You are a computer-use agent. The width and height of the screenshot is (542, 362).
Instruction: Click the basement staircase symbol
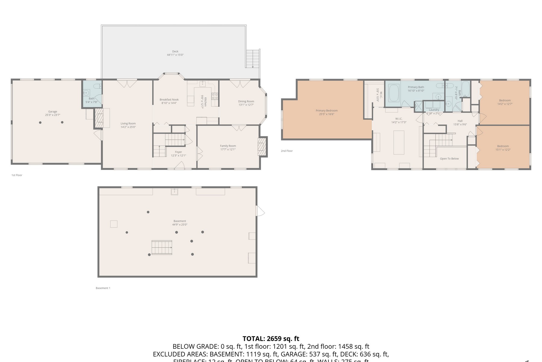pyautogui.click(x=162, y=247)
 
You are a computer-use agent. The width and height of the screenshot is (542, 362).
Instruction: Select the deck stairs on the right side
pyautogui.click(x=253, y=59)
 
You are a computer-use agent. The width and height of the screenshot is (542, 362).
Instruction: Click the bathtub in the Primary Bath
pyautogui.click(x=394, y=93)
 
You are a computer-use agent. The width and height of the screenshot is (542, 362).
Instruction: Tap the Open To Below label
pyautogui.click(x=449, y=159)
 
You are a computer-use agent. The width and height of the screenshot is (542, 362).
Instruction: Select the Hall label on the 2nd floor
pyautogui.click(x=460, y=121)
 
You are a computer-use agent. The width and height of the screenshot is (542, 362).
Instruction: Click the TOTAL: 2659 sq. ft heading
pyautogui.click(x=271, y=338)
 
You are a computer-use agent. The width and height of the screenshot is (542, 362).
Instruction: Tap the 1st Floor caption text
pyautogui.click(x=17, y=175)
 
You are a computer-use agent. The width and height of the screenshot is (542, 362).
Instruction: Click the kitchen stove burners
pyautogui.click(x=215, y=96)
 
